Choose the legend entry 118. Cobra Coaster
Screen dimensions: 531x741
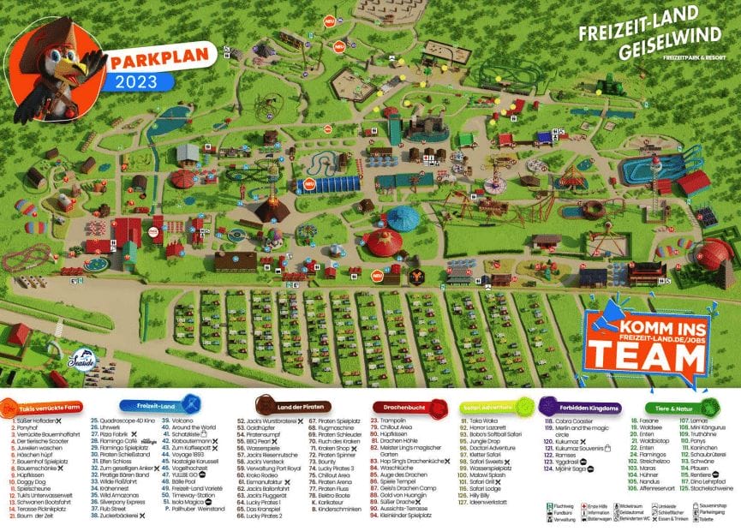pyautogui.click(x=570, y=421)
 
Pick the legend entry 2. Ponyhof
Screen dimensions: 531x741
pyautogui.click(x=30, y=427)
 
